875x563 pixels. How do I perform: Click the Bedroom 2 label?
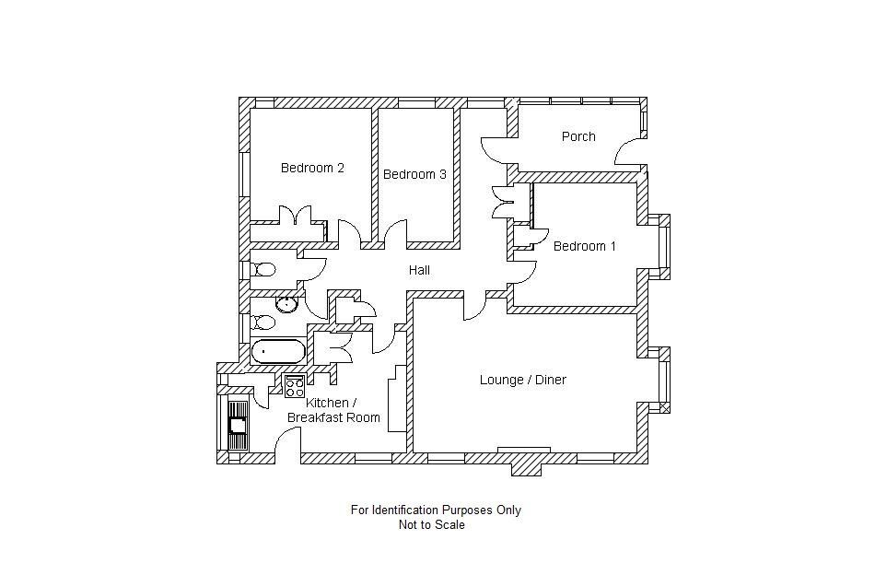[312, 168]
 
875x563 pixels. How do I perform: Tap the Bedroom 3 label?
[414, 174]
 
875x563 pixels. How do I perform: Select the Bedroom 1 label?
[585, 246]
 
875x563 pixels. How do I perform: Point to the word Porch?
[578, 136]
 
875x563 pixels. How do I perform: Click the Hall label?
[420, 270]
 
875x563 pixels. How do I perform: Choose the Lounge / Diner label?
[522, 380]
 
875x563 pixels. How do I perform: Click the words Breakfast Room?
[333, 417]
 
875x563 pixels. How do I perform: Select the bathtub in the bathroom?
[278, 351]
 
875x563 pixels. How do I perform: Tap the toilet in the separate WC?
[264, 270]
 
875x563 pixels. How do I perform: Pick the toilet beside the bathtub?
[264, 322]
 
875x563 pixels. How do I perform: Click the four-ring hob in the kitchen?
[295, 386]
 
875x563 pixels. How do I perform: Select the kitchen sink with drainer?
[238, 425]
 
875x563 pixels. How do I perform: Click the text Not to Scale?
[431, 525]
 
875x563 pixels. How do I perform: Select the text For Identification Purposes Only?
[436, 510]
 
